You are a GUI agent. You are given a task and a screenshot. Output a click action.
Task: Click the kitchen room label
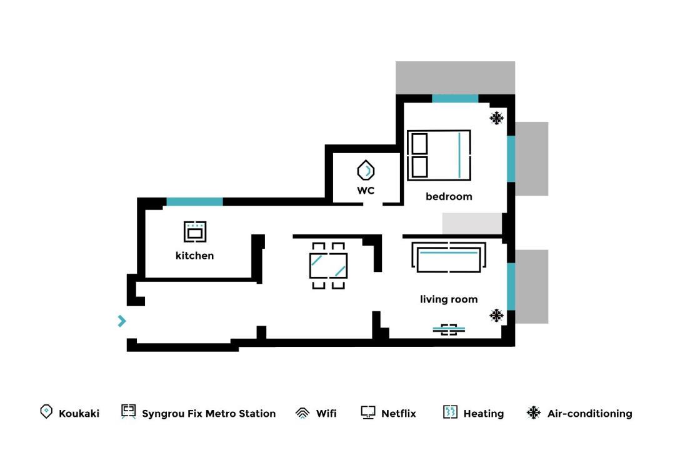point(194,256)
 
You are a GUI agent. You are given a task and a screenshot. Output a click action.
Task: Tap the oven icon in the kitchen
point(195,232)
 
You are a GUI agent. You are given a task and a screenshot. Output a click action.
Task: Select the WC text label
point(366,191)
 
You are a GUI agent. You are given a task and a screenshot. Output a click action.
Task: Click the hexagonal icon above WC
point(366,170)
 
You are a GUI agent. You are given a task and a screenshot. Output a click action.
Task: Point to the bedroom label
point(449,196)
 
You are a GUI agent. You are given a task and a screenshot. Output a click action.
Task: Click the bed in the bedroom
point(439,156)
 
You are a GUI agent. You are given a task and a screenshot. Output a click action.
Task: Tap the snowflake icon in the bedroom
point(496,118)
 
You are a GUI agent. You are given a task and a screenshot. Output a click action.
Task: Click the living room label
point(449,299)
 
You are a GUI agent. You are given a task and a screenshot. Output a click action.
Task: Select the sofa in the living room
point(449,257)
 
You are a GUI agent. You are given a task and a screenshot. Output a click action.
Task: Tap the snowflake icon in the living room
point(496,315)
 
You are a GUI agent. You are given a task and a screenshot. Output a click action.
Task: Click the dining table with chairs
point(329,266)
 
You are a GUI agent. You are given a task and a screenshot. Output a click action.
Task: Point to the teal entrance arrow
point(122,321)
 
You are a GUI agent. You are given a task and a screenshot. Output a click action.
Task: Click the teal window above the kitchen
point(194,201)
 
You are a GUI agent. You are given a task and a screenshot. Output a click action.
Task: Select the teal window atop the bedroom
point(455,99)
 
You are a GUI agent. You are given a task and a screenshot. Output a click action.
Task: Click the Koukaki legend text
point(79,414)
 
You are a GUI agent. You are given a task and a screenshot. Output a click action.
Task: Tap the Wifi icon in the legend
point(302,413)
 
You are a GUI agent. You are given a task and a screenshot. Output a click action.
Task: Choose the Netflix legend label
point(399,414)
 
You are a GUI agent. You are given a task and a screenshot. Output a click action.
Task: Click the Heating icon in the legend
point(450,412)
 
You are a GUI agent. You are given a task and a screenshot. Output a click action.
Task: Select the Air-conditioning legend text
point(590,414)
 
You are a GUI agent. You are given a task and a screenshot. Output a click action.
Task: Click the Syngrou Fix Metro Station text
point(209,414)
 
